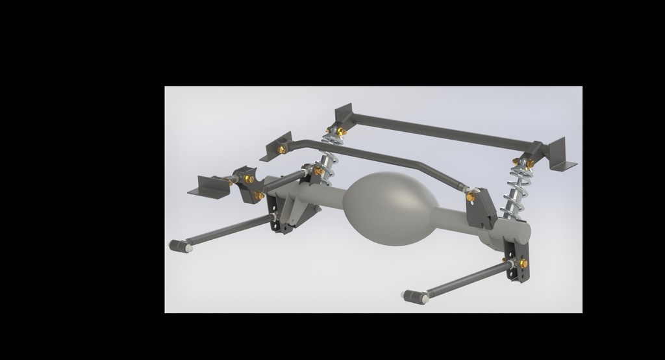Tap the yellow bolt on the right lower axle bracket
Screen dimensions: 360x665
(x=523, y=263)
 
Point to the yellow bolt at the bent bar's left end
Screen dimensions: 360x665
(x=282, y=149)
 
